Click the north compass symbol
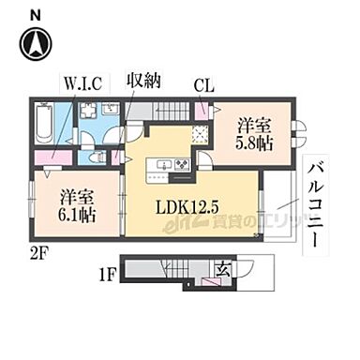36,43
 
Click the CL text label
202,83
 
